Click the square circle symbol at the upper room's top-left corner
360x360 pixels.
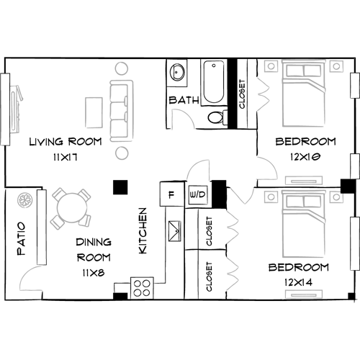(271, 66)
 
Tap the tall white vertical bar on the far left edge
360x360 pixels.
(5, 107)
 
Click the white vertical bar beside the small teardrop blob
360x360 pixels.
(41, 227)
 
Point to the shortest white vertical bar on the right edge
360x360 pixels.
(354, 165)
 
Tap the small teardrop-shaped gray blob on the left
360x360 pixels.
(24, 202)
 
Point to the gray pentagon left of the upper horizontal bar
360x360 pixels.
(259, 167)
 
